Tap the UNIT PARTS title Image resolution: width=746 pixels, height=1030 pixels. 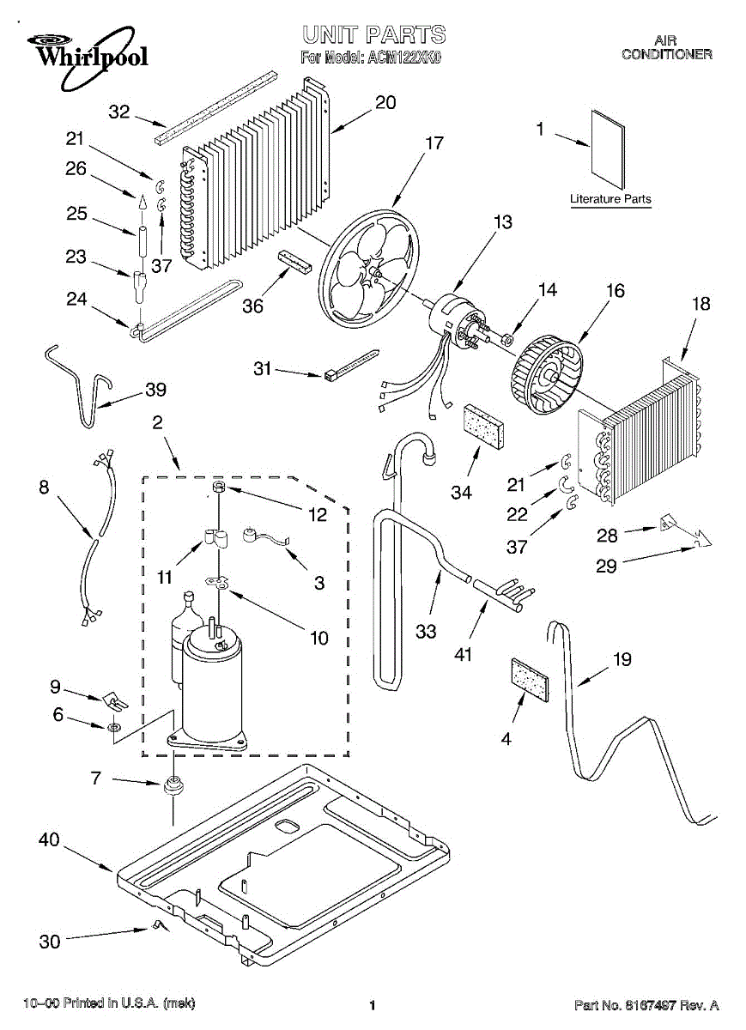coord(373,34)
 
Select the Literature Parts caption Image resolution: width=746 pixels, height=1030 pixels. coord(610,199)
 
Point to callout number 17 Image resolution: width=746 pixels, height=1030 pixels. coord(434,142)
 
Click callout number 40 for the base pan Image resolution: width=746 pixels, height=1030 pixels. coord(49,839)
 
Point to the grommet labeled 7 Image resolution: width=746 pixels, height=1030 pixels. coord(175,785)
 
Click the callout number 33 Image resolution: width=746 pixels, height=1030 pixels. coord(425,631)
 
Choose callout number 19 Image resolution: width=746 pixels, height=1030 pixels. coord(622,659)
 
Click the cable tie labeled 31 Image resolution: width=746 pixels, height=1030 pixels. coord(352,363)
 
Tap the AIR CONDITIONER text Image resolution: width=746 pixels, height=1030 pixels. coord(666,47)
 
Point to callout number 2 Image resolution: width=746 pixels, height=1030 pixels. coord(157,421)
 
